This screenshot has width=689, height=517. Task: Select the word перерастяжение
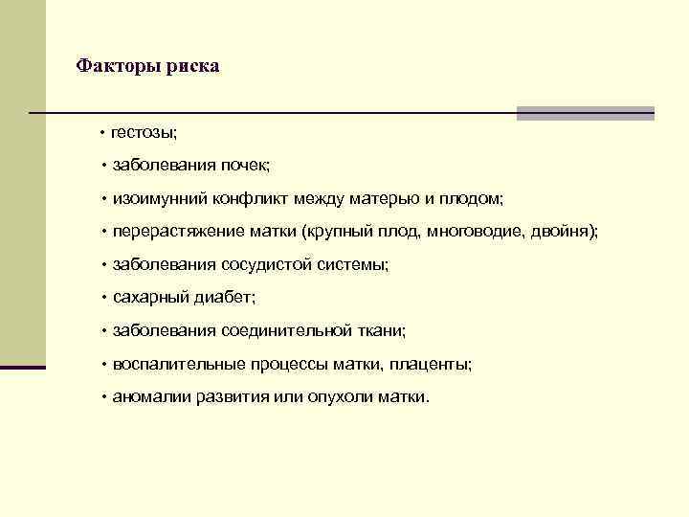tap(169, 231)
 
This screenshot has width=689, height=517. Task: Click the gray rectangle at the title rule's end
tap(586, 113)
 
